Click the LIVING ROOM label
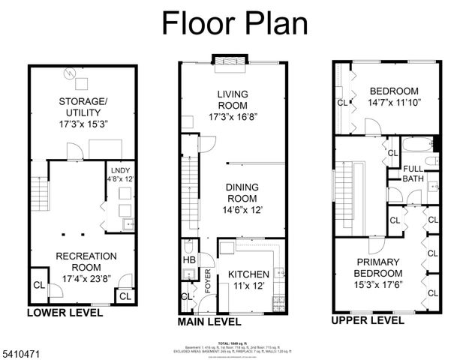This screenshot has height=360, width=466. click(233, 104)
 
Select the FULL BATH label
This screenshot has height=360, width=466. click(413, 174)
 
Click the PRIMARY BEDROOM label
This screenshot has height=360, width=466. click(378, 268)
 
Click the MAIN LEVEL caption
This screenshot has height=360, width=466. click(209, 322)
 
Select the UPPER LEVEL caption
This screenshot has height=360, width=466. click(368, 320)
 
